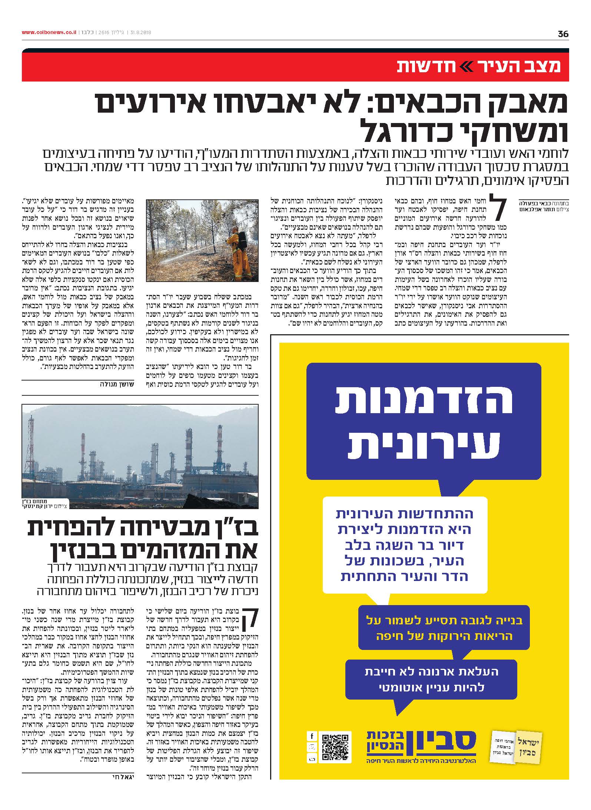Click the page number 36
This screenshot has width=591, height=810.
(x=562, y=34)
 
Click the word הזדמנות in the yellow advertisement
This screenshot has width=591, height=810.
(x=424, y=401)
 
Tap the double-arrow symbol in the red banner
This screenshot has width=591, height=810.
(x=468, y=67)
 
